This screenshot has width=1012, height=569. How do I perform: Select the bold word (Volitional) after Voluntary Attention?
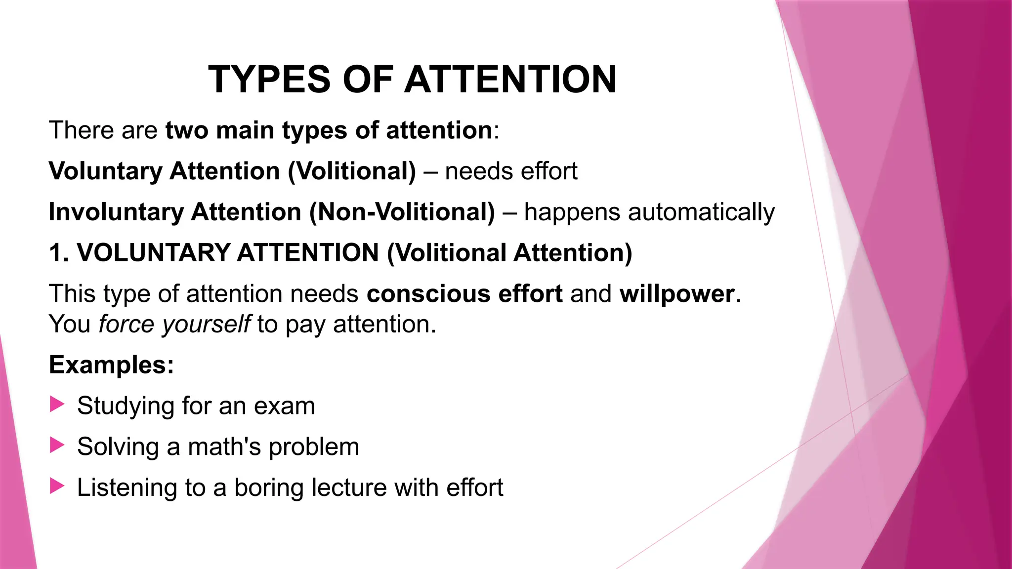point(352,171)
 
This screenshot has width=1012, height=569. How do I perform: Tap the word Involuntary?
point(116,212)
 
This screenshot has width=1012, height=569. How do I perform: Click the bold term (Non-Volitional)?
point(402,212)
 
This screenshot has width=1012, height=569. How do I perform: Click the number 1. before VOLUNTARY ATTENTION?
point(58,253)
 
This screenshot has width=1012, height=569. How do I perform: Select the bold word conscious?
point(428,294)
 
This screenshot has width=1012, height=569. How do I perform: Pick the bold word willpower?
point(677,294)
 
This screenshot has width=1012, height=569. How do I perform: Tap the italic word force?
point(126,325)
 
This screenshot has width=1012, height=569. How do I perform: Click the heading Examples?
point(111,365)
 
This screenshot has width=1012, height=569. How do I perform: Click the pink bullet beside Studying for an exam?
point(57,405)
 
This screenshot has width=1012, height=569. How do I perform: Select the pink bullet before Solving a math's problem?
point(57,446)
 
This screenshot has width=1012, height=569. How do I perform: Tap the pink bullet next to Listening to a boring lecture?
point(57,487)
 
